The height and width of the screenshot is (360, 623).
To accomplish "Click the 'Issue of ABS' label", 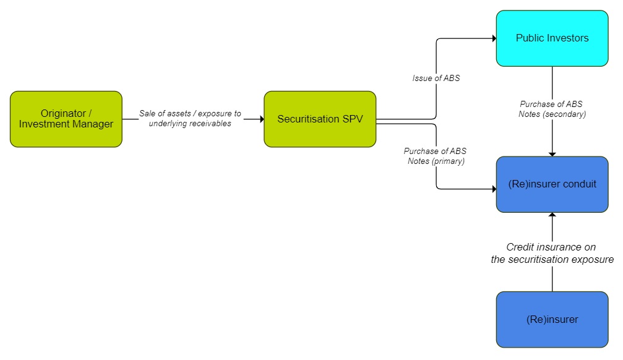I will [x=436, y=79].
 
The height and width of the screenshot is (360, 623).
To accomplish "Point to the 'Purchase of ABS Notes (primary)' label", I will [x=436, y=156].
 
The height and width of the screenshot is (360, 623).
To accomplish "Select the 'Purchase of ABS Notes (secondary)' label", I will [x=552, y=109].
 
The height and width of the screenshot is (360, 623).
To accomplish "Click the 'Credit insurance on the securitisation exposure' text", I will [x=552, y=253].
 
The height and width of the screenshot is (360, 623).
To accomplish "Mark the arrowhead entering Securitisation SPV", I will [x=261, y=119].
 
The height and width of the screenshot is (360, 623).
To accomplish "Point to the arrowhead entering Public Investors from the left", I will [x=494, y=38].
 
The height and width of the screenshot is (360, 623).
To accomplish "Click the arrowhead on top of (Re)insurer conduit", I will [x=552, y=153].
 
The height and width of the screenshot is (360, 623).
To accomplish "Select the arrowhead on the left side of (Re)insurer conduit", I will [x=494, y=189].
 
